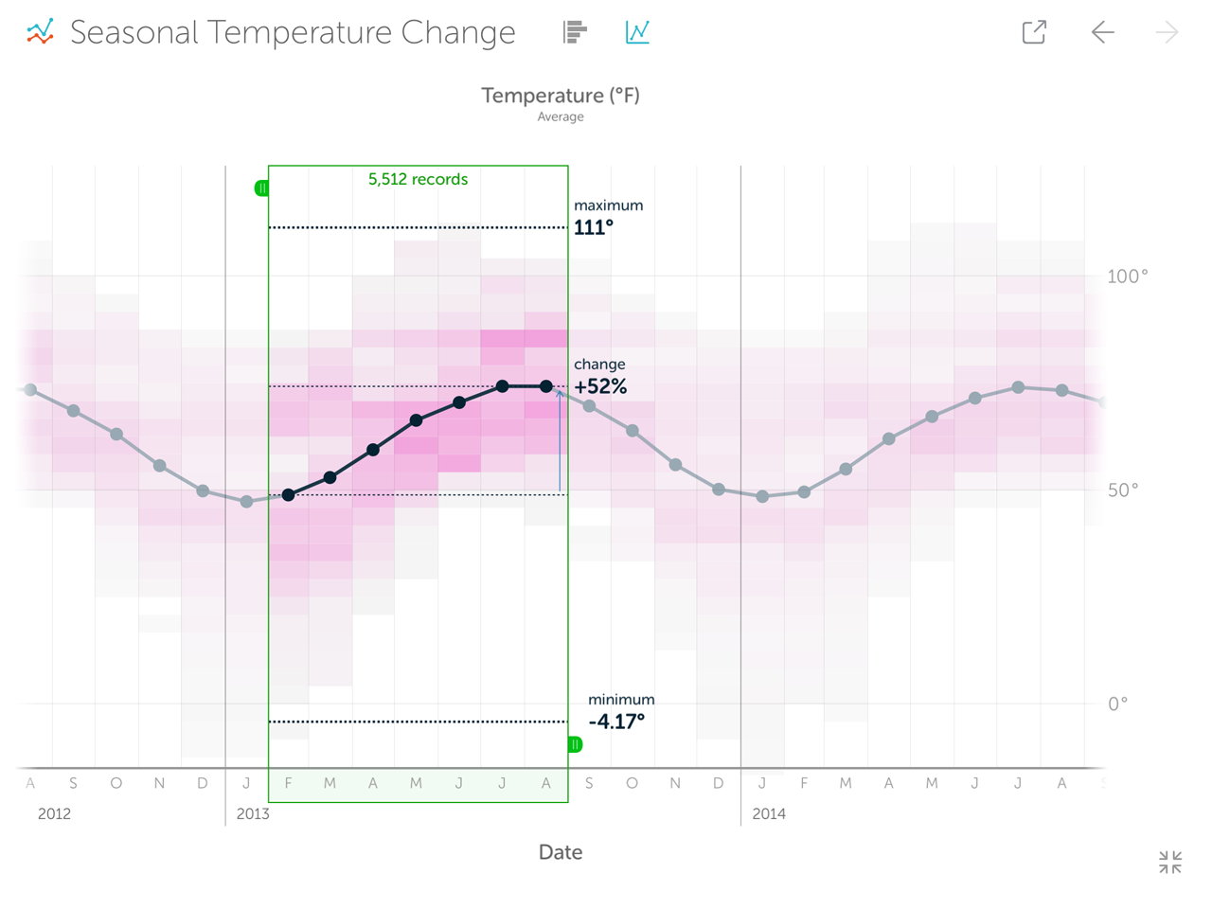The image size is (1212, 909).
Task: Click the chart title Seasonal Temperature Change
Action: click(x=293, y=32)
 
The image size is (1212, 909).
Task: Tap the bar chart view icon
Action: click(x=575, y=32)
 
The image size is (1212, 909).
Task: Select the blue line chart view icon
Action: click(x=637, y=32)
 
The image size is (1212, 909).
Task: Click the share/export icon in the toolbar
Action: click(x=1034, y=32)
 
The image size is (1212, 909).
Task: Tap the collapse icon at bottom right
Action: click(x=1170, y=862)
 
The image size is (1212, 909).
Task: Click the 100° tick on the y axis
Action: click(x=1127, y=276)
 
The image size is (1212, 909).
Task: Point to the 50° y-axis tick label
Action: click(x=1122, y=490)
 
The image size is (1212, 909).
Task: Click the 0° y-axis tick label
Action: click(x=1117, y=704)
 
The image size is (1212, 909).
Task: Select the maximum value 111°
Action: click(x=594, y=227)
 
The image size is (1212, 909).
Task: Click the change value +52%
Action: click(x=600, y=386)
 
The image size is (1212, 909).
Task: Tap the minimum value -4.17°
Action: click(x=616, y=722)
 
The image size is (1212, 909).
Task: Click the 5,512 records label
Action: click(x=418, y=179)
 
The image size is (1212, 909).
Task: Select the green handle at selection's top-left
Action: click(x=261, y=188)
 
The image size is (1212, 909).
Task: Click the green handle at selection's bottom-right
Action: click(x=575, y=744)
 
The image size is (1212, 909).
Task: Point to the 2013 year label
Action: click(x=253, y=814)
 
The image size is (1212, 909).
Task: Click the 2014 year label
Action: click(x=769, y=814)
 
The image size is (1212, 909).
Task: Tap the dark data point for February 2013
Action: click(x=289, y=495)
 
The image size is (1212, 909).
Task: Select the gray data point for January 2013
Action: click(x=247, y=502)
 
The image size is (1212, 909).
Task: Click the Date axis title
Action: click(x=560, y=852)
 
